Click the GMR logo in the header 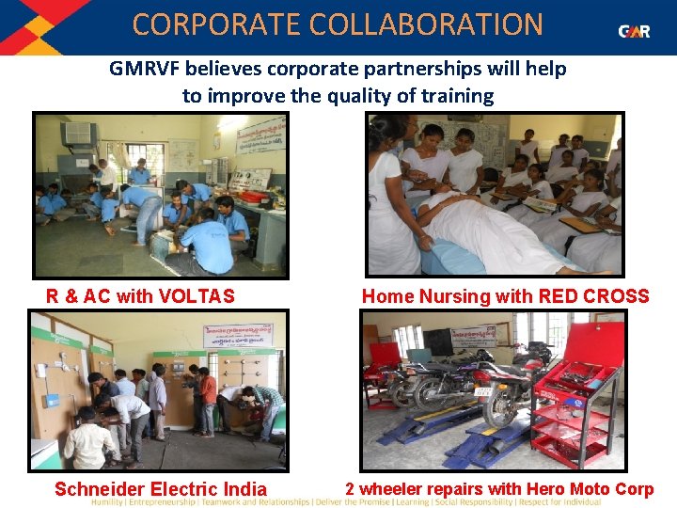tap(634, 31)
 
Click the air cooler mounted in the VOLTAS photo tap(80, 133)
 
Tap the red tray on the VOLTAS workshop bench tap(253, 197)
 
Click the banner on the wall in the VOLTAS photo tap(260, 135)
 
